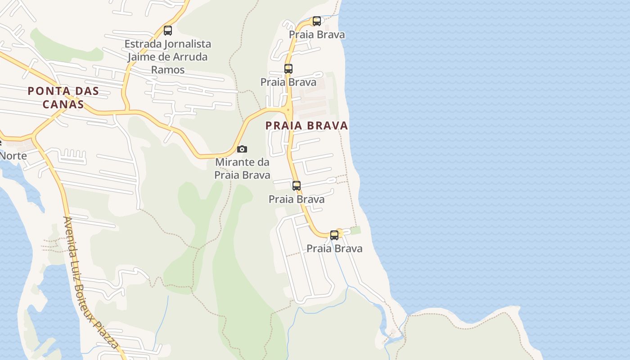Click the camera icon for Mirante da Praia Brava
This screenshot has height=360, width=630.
[x=242, y=149]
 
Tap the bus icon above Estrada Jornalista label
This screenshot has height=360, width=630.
[x=168, y=31]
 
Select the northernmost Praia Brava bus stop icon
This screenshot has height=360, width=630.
[x=317, y=21]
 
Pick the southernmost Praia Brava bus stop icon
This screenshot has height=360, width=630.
[x=334, y=235]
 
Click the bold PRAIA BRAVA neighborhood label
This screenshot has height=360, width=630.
[x=307, y=126]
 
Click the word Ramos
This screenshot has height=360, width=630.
[x=168, y=70]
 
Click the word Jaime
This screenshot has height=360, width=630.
[x=141, y=57]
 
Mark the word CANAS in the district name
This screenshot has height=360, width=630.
[x=63, y=104]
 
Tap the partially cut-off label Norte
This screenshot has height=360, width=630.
[x=13, y=156]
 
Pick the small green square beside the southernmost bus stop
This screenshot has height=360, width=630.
[x=355, y=230]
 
